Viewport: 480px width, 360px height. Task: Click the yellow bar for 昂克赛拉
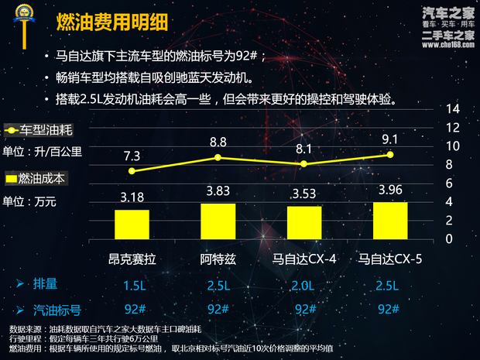coord(132,224)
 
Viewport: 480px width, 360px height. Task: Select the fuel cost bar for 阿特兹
coord(218,221)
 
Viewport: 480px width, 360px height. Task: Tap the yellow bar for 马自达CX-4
coord(304,222)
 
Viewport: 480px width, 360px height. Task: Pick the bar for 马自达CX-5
coord(390,220)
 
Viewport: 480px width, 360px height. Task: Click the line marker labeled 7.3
coord(132,171)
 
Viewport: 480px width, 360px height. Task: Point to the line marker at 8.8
coord(218,157)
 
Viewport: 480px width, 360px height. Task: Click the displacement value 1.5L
coord(134,286)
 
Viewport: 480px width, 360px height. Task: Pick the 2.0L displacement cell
coord(304,286)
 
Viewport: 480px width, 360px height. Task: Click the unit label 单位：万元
coord(30,201)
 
